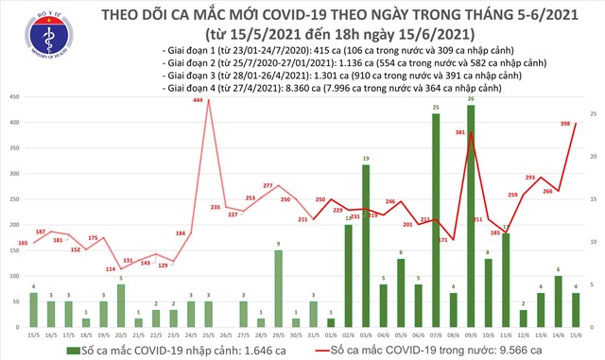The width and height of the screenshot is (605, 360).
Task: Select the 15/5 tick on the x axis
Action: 34,334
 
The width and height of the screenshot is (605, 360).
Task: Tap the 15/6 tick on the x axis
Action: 576,334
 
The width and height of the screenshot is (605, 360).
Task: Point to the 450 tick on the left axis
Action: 13,97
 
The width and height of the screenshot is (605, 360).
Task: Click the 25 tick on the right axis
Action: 593,113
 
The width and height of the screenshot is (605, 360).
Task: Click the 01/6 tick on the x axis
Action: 330,334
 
